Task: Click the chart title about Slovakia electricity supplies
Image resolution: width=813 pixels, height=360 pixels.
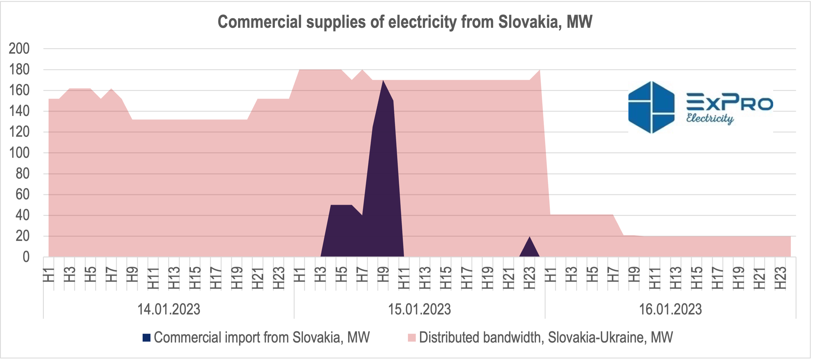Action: coord(405,22)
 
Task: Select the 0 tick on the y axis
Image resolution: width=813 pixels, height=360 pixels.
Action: coord(26,257)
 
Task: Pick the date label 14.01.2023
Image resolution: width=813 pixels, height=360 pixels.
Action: coord(168,309)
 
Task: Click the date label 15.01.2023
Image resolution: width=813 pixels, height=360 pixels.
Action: coord(419,309)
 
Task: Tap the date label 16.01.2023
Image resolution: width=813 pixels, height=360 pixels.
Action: coord(670,309)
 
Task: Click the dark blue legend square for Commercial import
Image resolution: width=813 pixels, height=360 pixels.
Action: coord(147,338)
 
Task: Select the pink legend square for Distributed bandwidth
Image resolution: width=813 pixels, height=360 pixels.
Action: coord(412,338)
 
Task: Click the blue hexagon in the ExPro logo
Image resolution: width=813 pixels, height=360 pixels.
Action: coord(651,107)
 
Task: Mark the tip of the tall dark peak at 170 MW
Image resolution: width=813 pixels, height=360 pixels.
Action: coord(383,80)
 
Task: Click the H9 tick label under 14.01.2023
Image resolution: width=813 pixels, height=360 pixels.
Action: coord(132,274)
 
